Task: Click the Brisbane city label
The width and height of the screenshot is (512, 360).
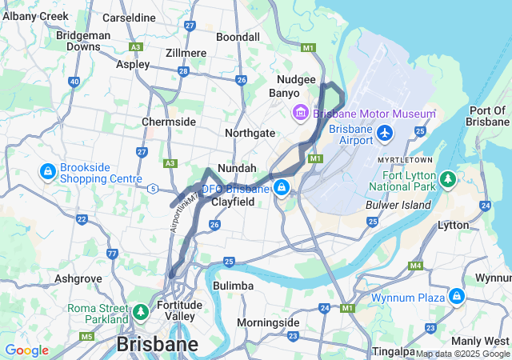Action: pyautogui.click(x=158, y=344)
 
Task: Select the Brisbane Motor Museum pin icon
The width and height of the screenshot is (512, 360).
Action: pyautogui.click(x=301, y=114)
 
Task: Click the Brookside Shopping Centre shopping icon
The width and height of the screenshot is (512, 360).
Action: pyautogui.click(x=47, y=171)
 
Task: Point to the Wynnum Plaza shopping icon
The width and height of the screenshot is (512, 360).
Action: pyautogui.click(x=456, y=297)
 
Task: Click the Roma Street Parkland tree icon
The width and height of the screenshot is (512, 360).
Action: pyautogui.click(x=141, y=310)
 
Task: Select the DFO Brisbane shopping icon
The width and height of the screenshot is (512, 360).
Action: pyautogui.click(x=281, y=188)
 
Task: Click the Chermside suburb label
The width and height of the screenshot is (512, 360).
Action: pyautogui.click(x=169, y=122)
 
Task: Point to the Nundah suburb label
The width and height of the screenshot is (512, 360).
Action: pyautogui.click(x=237, y=169)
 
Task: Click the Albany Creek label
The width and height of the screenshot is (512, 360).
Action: pyautogui.click(x=30, y=17)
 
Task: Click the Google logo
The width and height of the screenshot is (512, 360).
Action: pyautogui.click(x=26, y=350)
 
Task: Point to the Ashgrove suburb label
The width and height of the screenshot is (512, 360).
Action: pyautogui.click(x=78, y=278)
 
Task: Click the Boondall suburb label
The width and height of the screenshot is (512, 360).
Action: pyautogui.click(x=238, y=37)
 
